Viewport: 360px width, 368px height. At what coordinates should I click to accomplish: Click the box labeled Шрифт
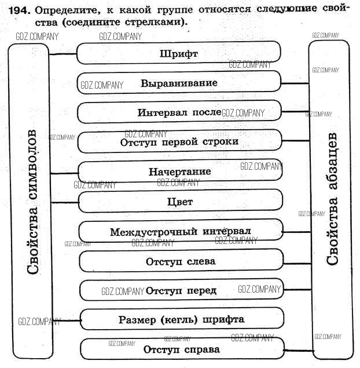click(179, 54)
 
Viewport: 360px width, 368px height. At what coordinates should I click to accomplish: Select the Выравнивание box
click(179, 83)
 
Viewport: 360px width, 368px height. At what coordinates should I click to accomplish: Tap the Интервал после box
click(179, 112)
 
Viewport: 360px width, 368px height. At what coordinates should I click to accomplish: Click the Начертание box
click(179, 172)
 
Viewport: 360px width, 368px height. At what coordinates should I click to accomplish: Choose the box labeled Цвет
click(179, 202)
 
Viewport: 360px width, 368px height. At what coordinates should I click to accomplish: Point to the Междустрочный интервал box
click(180, 232)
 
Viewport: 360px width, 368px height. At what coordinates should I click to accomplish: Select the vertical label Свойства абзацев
click(332, 203)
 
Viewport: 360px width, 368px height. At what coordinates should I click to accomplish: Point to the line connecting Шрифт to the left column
click(64, 54)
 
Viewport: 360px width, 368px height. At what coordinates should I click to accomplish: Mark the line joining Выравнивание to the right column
click(295, 83)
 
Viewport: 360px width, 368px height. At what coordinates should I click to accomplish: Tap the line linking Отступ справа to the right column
click(297, 350)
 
